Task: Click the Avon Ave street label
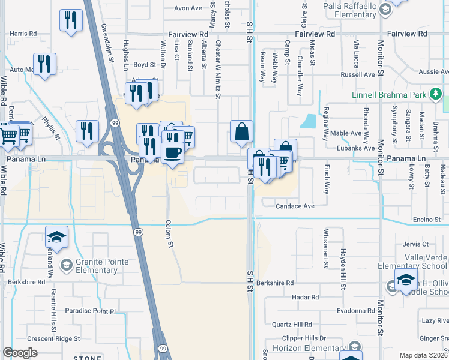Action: pos(188,8)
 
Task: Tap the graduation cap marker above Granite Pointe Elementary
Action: pos(57,238)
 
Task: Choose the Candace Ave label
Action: pos(295,206)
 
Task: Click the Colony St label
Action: pos(169,235)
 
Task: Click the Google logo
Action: pos(20,353)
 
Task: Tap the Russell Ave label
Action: pos(357,75)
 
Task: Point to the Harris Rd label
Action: pos(19,34)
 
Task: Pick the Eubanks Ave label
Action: pos(356,148)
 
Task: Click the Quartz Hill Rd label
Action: pos(292,325)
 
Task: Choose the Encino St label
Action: pos(427,220)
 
